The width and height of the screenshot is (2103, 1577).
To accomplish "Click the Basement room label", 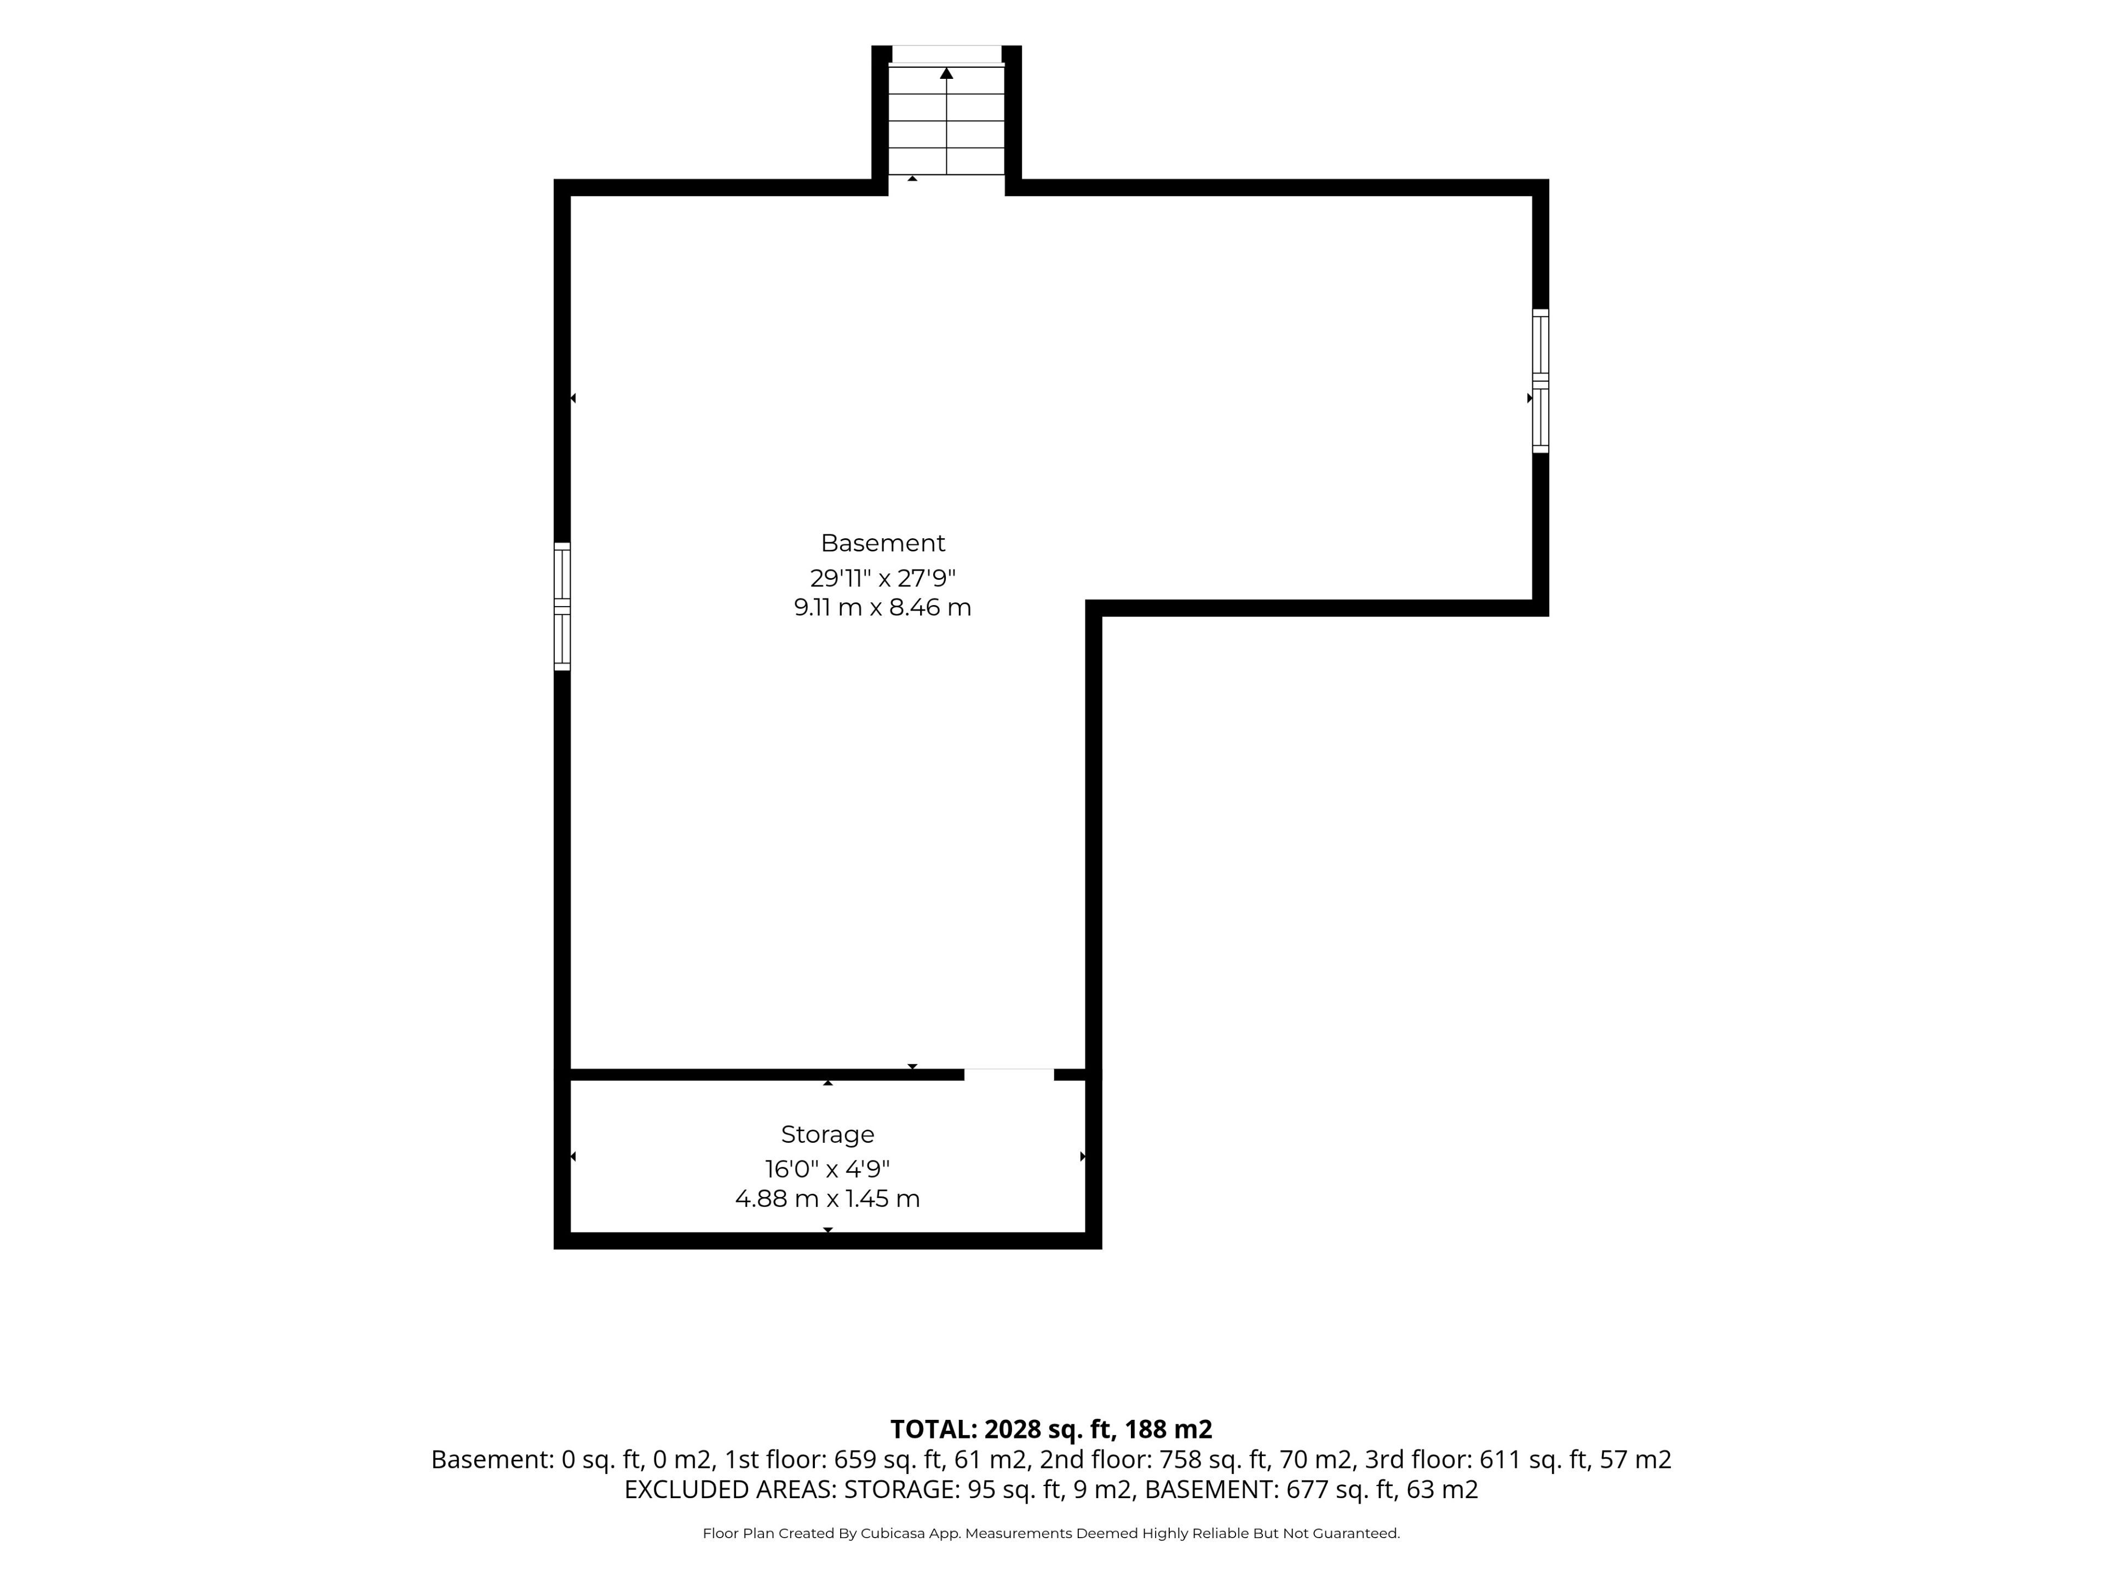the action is [882, 543].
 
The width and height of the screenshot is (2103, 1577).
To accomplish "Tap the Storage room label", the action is [827, 1134].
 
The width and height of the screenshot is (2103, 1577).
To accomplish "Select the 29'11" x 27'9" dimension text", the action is [882, 578].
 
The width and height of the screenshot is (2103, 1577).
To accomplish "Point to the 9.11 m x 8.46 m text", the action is [882, 607].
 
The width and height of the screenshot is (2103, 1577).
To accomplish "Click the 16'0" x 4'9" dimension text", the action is [827, 1169].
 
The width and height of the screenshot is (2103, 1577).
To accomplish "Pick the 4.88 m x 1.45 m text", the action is [827, 1199].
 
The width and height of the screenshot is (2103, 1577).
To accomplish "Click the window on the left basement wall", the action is [562, 607].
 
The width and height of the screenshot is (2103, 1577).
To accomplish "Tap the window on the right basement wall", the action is [1540, 380].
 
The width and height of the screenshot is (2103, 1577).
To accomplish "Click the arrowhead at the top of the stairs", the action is [946, 72].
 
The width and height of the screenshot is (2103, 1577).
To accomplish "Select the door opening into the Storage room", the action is [1009, 1075].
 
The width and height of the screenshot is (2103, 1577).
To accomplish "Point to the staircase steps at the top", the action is [946, 120].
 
